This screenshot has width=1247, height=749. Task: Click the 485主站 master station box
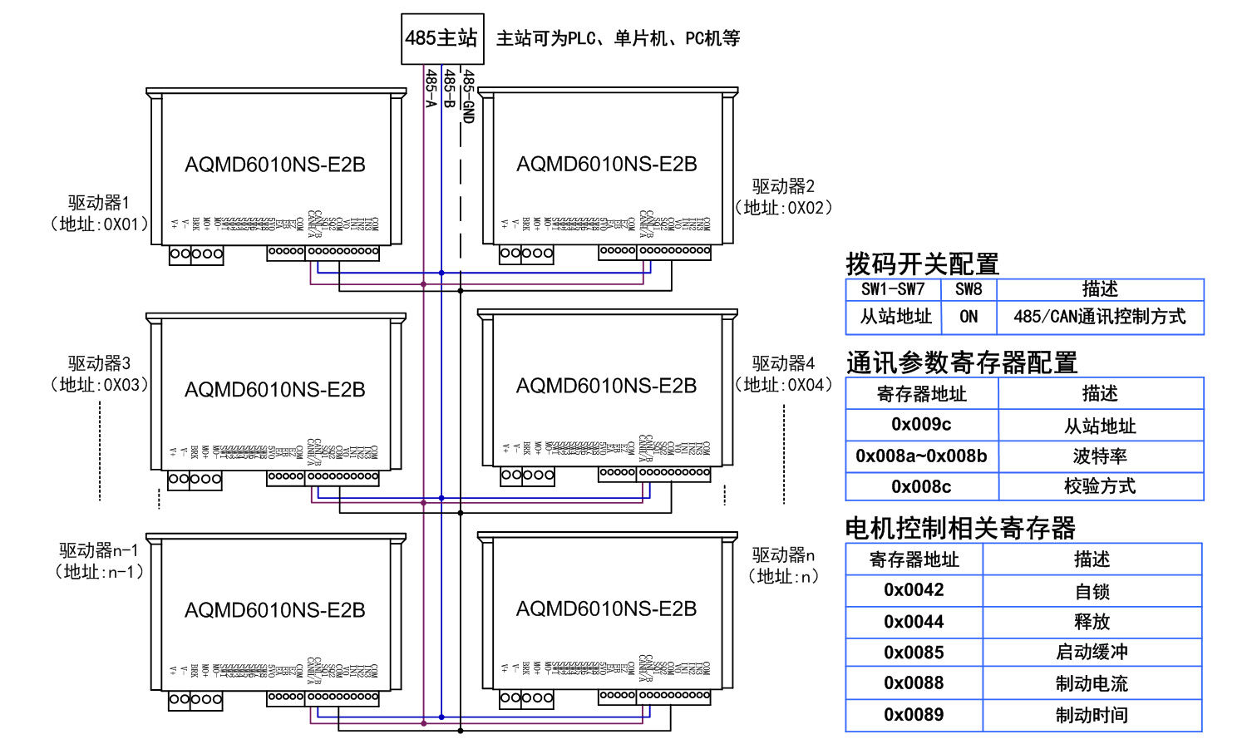click(441, 38)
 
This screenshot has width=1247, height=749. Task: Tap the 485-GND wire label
click(468, 96)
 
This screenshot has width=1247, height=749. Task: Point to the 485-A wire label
click(431, 88)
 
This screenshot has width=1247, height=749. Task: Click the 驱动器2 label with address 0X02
click(783, 197)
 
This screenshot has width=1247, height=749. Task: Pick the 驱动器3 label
click(99, 363)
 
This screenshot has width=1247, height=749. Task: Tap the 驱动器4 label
click(783, 363)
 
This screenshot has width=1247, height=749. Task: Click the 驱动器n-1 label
click(99, 550)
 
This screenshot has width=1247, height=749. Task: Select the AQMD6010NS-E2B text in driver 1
click(275, 165)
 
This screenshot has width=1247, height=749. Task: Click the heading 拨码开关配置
click(922, 264)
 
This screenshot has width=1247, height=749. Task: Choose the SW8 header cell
click(969, 289)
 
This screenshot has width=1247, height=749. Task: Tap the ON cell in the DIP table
click(969, 317)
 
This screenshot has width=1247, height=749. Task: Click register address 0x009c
click(921, 425)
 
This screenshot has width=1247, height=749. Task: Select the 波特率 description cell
click(1100, 456)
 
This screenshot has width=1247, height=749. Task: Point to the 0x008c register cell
click(921, 486)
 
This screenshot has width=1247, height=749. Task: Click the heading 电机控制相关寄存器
click(960, 528)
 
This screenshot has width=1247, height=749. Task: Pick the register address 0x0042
click(914, 590)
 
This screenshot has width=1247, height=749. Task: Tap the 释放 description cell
click(1092, 622)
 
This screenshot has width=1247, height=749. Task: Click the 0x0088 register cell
click(914, 683)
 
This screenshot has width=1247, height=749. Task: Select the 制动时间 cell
click(1092, 715)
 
